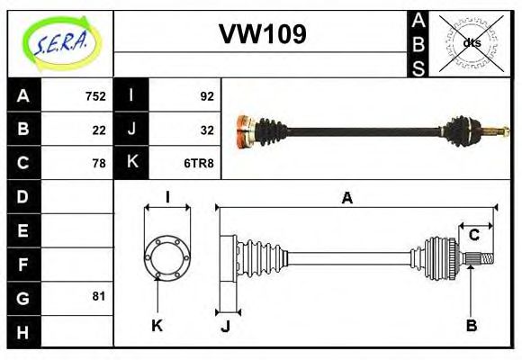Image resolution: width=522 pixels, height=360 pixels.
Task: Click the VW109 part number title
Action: click(x=262, y=36)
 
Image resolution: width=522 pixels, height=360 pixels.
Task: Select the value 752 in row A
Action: click(x=95, y=96)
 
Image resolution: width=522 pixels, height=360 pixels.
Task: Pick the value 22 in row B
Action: click(x=99, y=130)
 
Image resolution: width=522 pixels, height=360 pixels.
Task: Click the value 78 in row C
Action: click(x=99, y=163)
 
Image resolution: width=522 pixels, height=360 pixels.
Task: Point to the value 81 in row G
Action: click(x=99, y=296)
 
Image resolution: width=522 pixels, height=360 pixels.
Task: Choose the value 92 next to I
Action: click(x=205, y=96)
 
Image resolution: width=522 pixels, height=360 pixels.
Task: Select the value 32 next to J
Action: click(x=206, y=130)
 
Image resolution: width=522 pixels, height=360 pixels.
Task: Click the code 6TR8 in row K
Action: click(x=199, y=163)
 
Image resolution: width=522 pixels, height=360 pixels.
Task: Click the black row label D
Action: click(x=23, y=196)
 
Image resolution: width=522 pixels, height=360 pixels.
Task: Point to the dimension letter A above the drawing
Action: click(x=347, y=199)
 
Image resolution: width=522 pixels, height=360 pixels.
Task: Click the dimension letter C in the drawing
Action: click(x=473, y=236)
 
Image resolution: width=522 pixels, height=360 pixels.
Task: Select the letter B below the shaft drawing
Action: click(x=471, y=325)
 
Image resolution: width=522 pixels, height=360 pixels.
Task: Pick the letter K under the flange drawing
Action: click(x=157, y=325)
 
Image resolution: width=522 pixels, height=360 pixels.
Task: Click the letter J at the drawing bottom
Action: click(x=225, y=326)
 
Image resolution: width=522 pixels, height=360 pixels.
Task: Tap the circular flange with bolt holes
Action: click(x=166, y=256)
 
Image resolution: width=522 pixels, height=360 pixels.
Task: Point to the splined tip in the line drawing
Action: click(x=483, y=259)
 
